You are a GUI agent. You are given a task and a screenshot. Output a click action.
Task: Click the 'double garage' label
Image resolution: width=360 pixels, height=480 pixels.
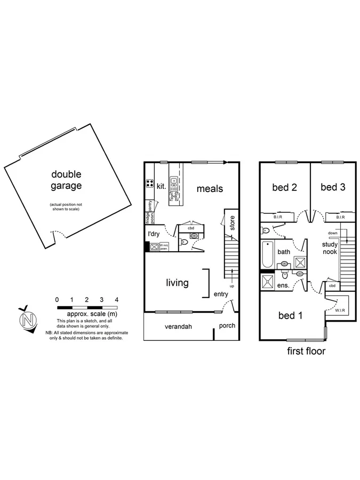click(x=66, y=180)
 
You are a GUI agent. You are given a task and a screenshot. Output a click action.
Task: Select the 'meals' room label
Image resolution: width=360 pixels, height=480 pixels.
click(x=210, y=188)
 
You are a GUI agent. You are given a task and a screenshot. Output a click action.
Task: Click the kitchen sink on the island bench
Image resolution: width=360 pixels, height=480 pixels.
click(x=174, y=185)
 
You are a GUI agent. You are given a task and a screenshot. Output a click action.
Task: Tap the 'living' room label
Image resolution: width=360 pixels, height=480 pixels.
click(x=177, y=283)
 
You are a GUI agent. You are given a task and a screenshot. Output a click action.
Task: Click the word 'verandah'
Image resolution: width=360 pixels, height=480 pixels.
click(x=178, y=326)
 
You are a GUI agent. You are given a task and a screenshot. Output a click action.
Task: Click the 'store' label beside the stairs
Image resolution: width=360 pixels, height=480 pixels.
click(x=231, y=223)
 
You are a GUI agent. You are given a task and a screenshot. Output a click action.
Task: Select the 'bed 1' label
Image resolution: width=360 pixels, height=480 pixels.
click(x=291, y=316)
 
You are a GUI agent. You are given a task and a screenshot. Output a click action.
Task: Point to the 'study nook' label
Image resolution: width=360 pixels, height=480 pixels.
click(x=330, y=248)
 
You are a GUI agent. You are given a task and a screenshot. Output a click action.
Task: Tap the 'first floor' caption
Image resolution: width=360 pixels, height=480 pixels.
click(x=305, y=351)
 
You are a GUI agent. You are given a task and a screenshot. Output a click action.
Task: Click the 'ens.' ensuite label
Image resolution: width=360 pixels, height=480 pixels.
click(x=283, y=286)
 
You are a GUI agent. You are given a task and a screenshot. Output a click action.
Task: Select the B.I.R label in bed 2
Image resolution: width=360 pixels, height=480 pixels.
click(x=278, y=217)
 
